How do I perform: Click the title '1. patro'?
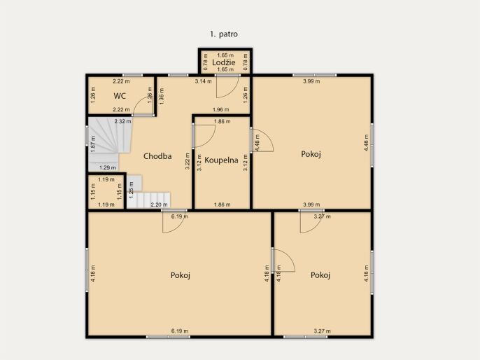224,34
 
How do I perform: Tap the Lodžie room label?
224,62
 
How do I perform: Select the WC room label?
120,96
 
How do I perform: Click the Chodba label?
157,156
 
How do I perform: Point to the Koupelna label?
221,160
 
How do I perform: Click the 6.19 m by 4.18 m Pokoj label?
181,275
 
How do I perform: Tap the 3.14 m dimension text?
203,81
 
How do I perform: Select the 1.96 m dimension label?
220,109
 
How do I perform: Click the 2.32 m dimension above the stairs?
122,121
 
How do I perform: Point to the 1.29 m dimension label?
108,167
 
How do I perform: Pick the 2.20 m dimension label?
160,205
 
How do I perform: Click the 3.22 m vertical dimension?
188,161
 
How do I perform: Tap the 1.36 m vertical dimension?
162,96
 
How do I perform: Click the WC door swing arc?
139,102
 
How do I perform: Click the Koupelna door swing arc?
210,139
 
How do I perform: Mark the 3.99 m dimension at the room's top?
311,81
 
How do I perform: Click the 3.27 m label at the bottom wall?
323,331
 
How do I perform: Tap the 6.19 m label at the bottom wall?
180,331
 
